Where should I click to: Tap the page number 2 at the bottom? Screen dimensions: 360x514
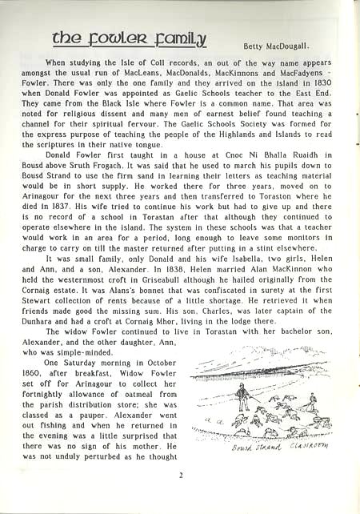pyautogui.click(x=182, y=475)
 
